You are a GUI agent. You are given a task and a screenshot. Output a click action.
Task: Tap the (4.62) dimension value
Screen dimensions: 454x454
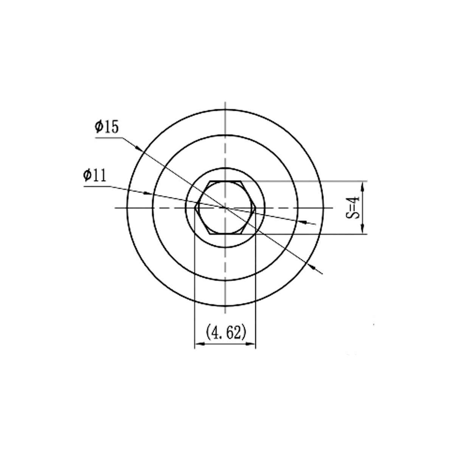[225, 332]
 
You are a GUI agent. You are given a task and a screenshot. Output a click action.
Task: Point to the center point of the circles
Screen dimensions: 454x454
[225, 208]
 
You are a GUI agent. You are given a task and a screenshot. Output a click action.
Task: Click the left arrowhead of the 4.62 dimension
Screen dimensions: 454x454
[198, 344]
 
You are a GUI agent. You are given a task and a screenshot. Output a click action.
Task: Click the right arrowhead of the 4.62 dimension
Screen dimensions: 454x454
[251, 344]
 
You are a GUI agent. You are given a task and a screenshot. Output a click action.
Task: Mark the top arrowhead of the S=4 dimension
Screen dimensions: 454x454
[363, 185]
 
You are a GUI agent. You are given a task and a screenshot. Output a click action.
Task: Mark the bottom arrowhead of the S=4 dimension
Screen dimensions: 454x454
[363, 230]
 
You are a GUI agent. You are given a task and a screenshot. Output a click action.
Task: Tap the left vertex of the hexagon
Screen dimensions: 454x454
[195, 208]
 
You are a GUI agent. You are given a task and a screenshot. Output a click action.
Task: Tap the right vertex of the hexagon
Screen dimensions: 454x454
[256, 208]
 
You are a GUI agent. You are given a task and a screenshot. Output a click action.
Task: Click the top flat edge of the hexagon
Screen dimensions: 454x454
[225, 181]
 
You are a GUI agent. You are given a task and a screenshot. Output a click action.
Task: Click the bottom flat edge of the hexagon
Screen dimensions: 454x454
[225, 234]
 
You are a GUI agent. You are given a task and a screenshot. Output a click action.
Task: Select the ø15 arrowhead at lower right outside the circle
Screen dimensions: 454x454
[313, 267]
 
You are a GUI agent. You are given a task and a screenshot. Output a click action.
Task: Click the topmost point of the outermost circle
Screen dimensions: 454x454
[225, 109]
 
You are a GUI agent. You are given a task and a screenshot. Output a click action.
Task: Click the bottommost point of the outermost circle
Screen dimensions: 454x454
[225, 306]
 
